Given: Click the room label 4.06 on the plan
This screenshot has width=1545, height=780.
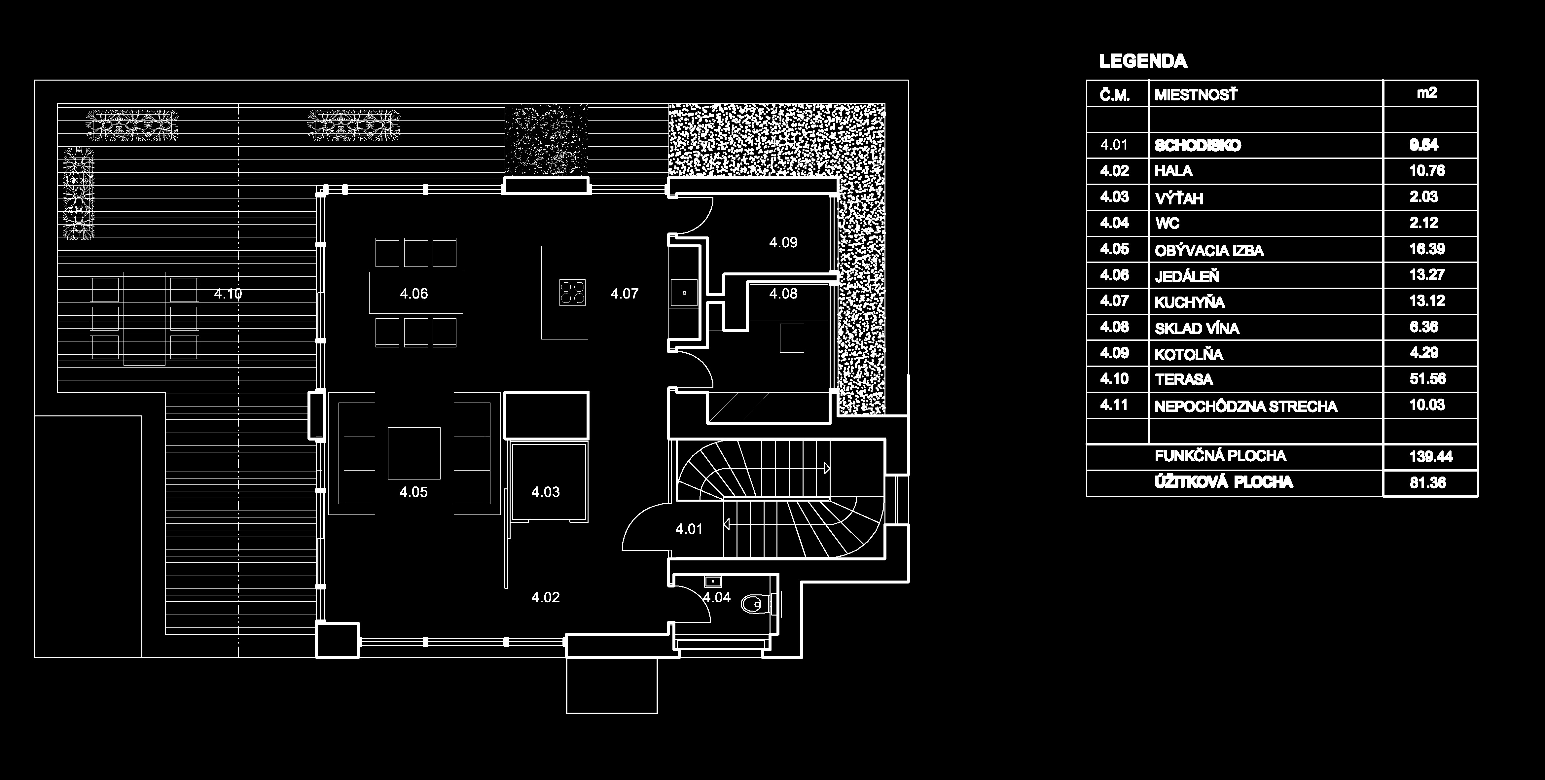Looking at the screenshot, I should tap(414, 294).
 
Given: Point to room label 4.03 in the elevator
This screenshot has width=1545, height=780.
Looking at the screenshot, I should tap(545, 492).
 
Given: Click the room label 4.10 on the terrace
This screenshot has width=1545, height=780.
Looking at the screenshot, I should tap(228, 294).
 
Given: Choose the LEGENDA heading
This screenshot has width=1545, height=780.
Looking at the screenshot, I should tap(1142, 61).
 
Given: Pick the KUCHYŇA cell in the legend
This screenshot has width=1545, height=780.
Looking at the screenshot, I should tap(1189, 302).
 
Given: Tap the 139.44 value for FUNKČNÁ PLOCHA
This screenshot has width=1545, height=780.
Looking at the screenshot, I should tap(1430, 457).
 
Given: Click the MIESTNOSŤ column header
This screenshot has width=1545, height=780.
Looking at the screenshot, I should tap(1195, 95).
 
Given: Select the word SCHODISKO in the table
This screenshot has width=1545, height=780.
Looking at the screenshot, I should tap(1197, 145).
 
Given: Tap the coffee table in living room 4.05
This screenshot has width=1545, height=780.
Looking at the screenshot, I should tap(414, 453).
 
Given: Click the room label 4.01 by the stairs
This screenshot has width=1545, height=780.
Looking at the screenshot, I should tap(689, 529).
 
